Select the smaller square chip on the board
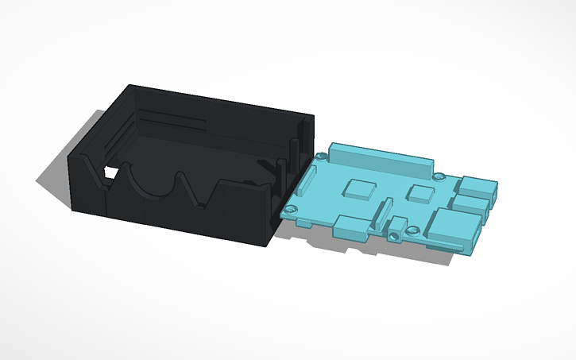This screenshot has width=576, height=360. click(418, 192)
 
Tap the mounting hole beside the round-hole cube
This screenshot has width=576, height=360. click(413, 231)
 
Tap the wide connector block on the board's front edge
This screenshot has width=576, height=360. click(350, 227)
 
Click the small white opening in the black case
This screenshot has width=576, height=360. click(112, 172)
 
